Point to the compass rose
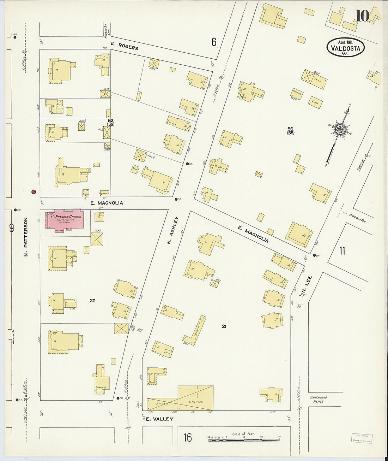pyautogui.click(x=340, y=130)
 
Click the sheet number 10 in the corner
pyautogui.click(x=362, y=16)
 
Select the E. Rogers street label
pyautogui.click(x=124, y=46)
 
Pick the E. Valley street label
pyautogui.click(x=159, y=419)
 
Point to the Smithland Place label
pyautogui.click(x=318, y=399)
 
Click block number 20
pyautogui.click(x=92, y=301)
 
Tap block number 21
pyautogui.click(x=224, y=326)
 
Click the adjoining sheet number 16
pyautogui.click(x=188, y=438)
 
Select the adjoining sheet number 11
pyautogui.click(x=342, y=251)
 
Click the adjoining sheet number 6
pyautogui.click(x=214, y=42)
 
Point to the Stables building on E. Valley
pyautogui.click(x=195, y=398)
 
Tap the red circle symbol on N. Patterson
pyautogui.click(x=34, y=192)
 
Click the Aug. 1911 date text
pyautogui.click(x=345, y=42)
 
